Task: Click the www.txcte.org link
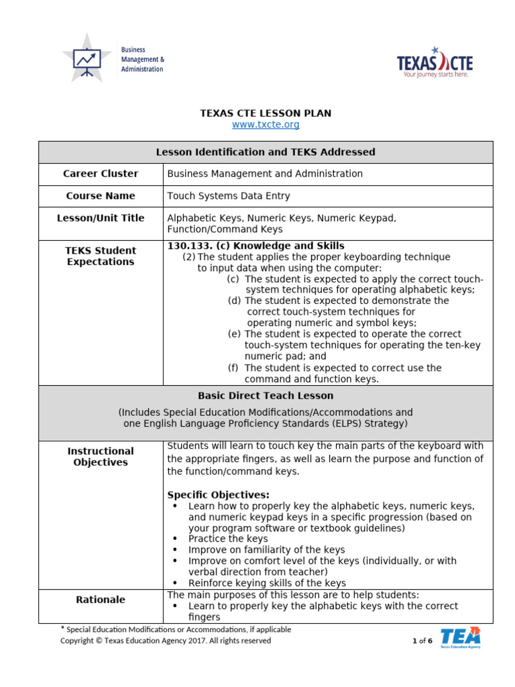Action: coord(266,125)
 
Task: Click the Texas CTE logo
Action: coord(435,62)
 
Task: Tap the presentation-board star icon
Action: coord(87,58)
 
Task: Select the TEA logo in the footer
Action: coord(460,637)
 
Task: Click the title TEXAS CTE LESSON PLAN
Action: coord(266,113)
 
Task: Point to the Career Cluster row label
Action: coord(101,174)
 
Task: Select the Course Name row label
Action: coord(101,196)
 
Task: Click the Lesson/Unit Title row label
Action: coord(101,218)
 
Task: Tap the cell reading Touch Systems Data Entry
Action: coord(229,196)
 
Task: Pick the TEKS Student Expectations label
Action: coord(101,256)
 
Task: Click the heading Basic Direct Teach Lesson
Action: coord(266,396)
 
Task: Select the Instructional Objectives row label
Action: coord(101,457)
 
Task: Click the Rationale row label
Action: coord(101,600)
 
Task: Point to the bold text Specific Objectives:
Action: coord(218,495)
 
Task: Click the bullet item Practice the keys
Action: coord(228,539)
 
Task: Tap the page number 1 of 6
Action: coord(422,641)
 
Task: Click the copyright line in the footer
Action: coord(166,641)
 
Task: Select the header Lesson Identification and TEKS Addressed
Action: coord(266,152)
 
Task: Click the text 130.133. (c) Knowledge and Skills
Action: coord(255,246)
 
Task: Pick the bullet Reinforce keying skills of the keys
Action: coord(267,583)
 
